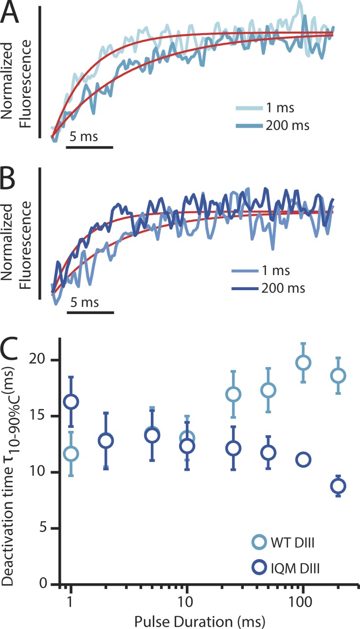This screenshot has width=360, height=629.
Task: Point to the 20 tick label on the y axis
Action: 44,360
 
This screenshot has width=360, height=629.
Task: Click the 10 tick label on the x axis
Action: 187,597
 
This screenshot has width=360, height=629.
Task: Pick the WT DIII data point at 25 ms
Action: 234,394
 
